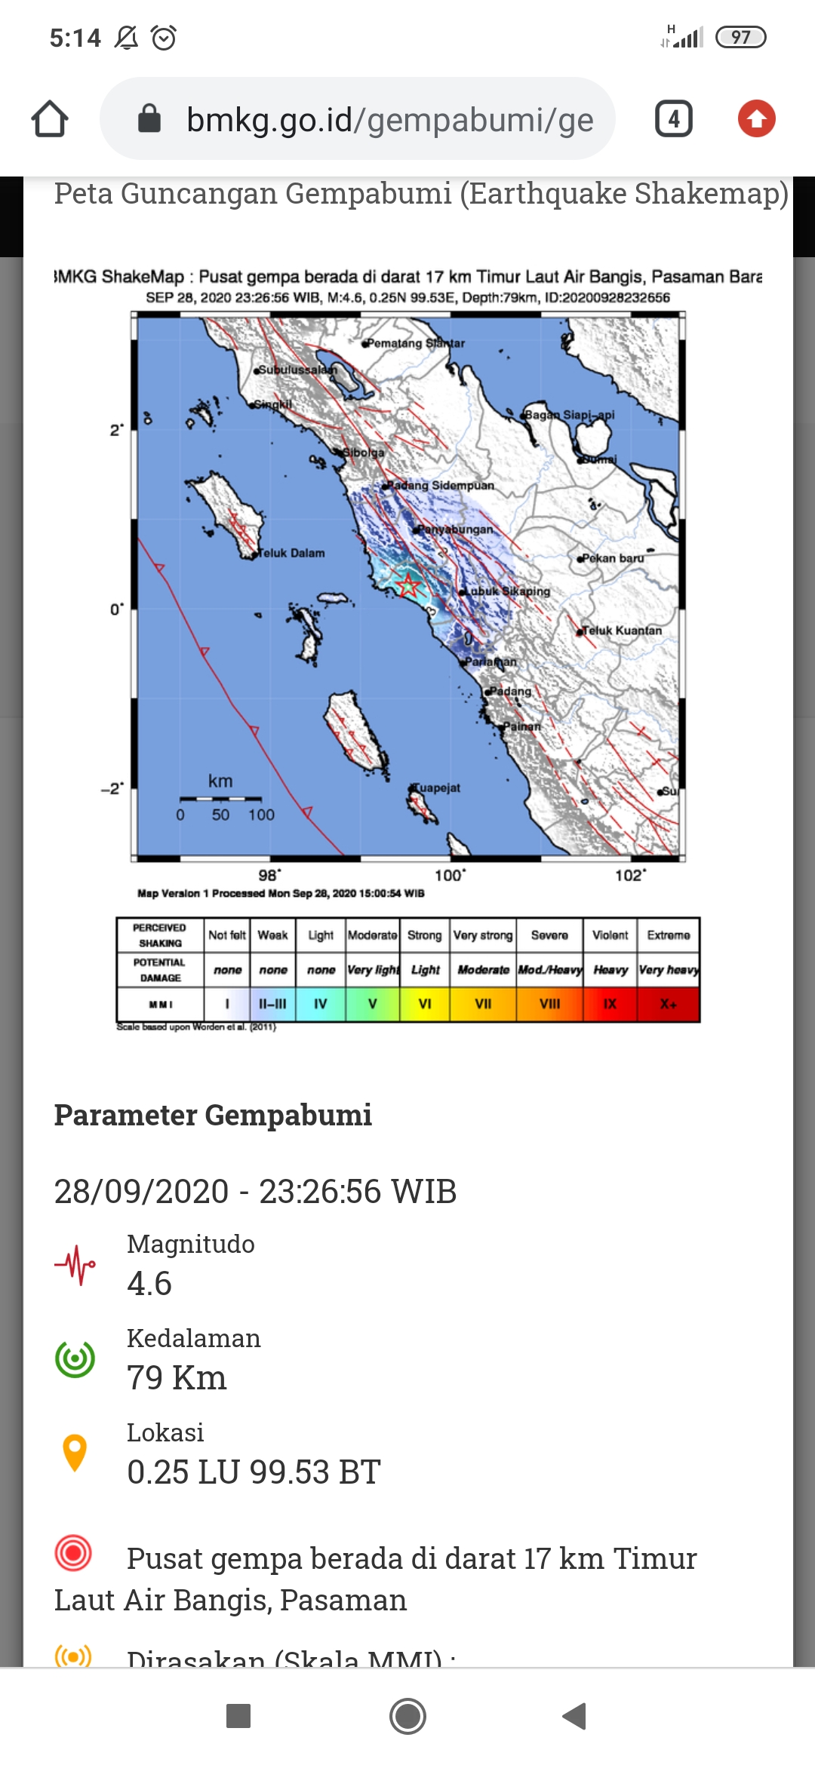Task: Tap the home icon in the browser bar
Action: (x=50, y=119)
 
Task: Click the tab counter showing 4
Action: (x=673, y=119)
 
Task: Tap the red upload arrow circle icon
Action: (x=756, y=119)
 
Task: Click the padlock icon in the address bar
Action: (x=149, y=118)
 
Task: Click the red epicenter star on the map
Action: (x=408, y=585)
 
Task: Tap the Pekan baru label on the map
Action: (x=613, y=558)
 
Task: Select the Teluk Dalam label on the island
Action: (x=291, y=553)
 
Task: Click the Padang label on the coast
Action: (x=510, y=691)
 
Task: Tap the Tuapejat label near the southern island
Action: (x=436, y=787)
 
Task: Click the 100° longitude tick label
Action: (x=451, y=875)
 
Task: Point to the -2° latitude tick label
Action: (x=112, y=788)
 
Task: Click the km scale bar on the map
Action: (x=220, y=798)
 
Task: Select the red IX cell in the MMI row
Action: (x=610, y=1004)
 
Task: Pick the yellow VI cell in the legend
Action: (x=425, y=1004)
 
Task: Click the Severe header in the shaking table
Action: (x=549, y=935)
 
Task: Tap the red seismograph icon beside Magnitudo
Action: (x=75, y=1265)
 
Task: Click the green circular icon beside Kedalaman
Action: (x=75, y=1359)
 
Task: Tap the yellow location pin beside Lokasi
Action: (x=75, y=1452)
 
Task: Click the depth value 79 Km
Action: (x=177, y=1378)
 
